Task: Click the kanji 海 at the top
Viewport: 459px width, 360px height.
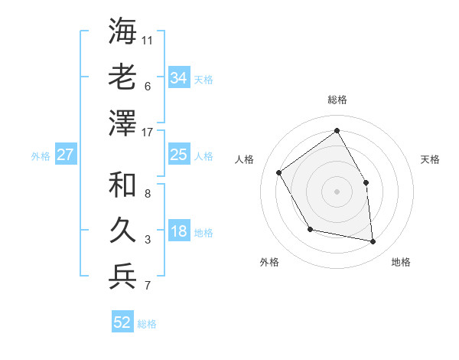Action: click(123, 32)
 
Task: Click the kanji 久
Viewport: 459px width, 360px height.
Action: click(123, 231)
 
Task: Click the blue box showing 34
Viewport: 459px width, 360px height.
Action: click(179, 78)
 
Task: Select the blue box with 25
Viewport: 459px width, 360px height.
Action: click(179, 155)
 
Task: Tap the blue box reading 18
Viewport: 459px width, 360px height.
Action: click(179, 232)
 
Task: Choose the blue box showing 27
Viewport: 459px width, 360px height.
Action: click(66, 155)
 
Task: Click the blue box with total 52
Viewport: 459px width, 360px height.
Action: click(122, 322)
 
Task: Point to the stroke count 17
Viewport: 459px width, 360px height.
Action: click(148, 133)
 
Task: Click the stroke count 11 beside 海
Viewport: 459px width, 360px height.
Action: click(148, 38)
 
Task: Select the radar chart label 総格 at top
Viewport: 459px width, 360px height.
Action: click(337, 100)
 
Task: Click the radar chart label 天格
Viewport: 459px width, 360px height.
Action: click(430, 159)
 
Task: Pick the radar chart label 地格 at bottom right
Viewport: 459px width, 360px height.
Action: click(401, 262)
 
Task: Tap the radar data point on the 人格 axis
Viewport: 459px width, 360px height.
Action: click(279, 172)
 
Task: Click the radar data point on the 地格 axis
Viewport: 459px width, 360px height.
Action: click(373, 242)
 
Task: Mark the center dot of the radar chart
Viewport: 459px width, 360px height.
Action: click(337, 191)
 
